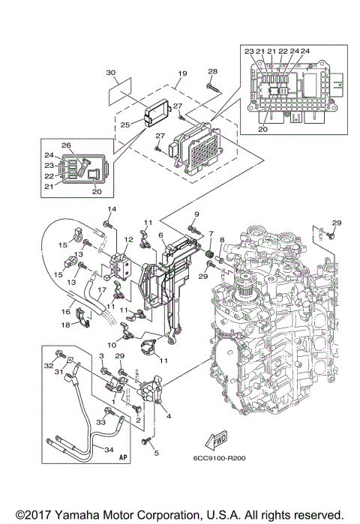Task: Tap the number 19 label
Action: coord(181,74)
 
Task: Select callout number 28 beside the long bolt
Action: coord(212,72)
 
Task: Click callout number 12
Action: coord(128,239)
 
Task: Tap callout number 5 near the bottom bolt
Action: coord(156,453)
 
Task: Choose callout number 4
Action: coord(168,415)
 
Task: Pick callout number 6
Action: coord(160,235)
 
